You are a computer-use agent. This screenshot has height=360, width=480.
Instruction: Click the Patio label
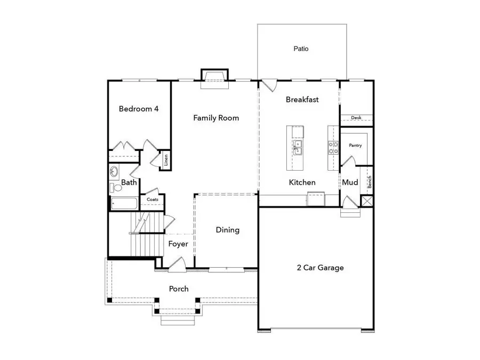click(301, 49)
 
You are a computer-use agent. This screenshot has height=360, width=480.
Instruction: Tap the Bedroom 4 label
click(138, 109)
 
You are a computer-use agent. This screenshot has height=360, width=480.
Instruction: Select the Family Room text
click(215, 118)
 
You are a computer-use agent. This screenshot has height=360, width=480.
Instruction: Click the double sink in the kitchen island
click(297, 147)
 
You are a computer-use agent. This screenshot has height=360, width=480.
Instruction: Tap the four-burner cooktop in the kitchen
click(333, 147)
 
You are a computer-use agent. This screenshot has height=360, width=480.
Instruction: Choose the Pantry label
click(355, 145)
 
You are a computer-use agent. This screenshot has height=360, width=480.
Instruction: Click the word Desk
click(356, 118)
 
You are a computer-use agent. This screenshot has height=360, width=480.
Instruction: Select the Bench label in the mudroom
click(369, 181)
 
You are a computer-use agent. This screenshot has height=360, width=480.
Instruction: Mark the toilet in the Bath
click(113, 188)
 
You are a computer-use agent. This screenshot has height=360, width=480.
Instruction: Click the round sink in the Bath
click(115, 172)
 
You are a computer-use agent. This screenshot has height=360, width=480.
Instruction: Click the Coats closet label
click(153, 200)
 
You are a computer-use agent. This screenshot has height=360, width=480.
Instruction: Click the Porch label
click(179, 289)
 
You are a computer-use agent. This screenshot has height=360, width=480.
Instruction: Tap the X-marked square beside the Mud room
click(366, 202)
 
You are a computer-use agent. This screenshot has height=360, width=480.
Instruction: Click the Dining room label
click(227, 230)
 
